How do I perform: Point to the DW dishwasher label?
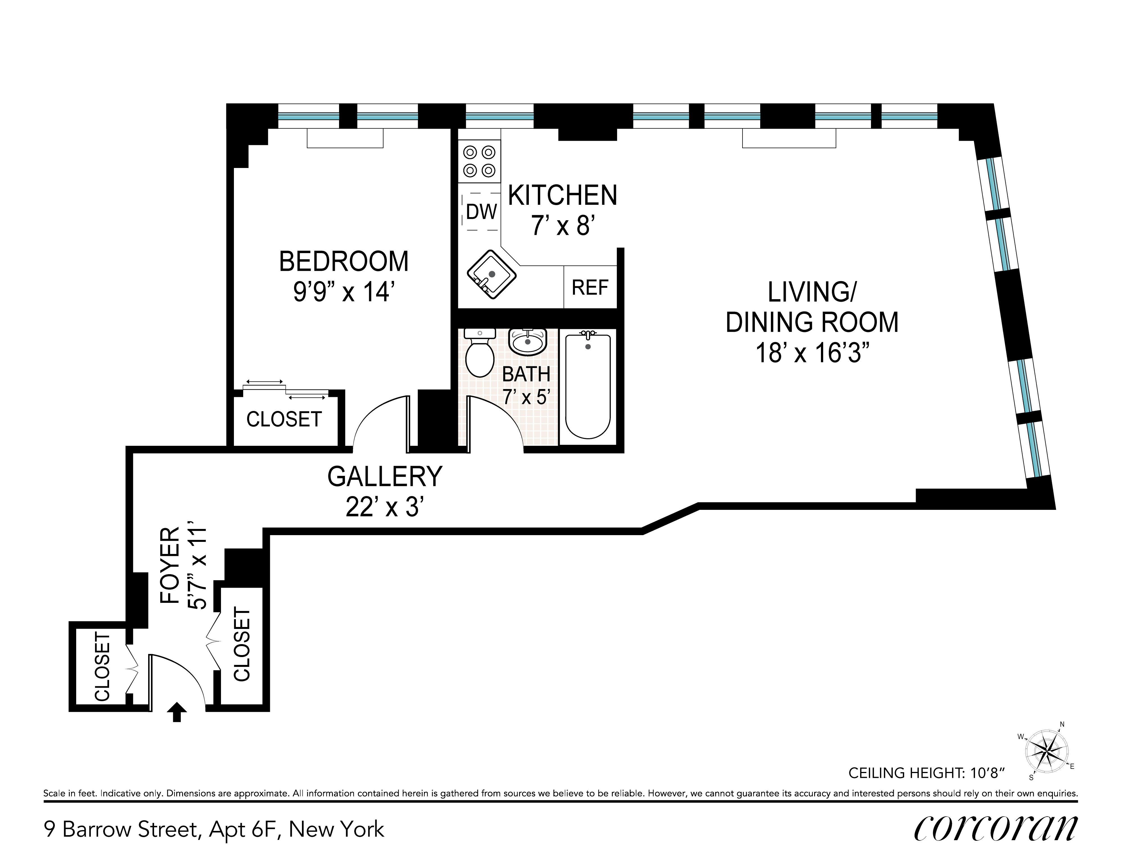click(x=482, y=211)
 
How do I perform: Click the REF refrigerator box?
click(x=590, y=287)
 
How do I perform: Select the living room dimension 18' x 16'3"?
click(x=812, y=353)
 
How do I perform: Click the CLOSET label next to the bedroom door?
click(x=284, y=419)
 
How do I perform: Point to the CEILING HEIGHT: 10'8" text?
click(x=926, y=773)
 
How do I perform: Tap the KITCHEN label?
click(x=563, y=196)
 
